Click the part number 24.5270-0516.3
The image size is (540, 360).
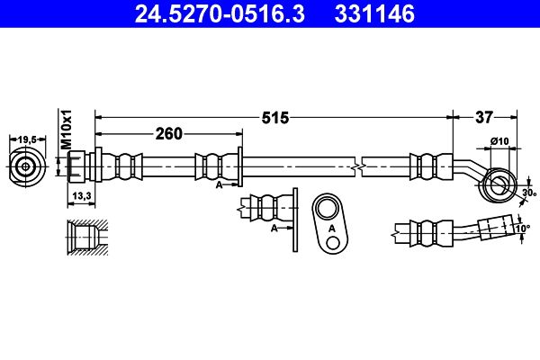[220, 13]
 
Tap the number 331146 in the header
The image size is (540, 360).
[374, 13]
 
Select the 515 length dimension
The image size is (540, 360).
[275, 118]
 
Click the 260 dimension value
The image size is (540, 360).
[169, 134]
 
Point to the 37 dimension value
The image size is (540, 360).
[484, 118]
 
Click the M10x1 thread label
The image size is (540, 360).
[66, 130]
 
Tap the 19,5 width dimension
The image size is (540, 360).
[27, 139]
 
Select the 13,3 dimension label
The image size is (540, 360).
[81, 196]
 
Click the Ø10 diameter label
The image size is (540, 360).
[499, 141]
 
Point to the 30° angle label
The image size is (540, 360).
[529, 193]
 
